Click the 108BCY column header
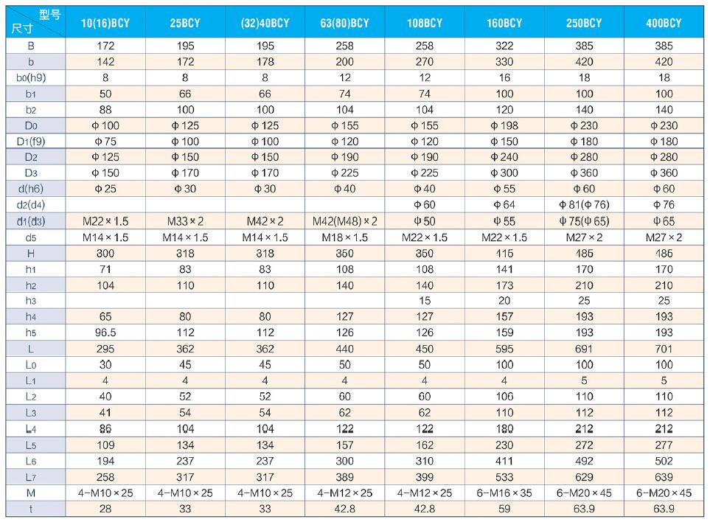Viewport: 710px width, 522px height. point(425,23)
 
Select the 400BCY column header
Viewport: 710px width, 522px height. point(664,23)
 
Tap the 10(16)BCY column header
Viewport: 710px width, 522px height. point(105,23)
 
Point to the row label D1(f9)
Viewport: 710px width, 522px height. point(31,141)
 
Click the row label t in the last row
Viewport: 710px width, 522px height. point(31,509)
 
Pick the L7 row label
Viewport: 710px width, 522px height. point(31,477)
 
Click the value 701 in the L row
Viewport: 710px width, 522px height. point(664,347)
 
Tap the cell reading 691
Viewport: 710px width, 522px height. point(584,347)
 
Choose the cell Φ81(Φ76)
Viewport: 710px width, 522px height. point(584,204)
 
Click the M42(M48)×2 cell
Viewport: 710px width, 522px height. point(345,220)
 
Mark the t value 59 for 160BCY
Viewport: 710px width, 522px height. point(504,509)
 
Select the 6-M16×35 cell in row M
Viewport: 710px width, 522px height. point(504,493)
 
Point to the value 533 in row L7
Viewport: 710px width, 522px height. point(504,477)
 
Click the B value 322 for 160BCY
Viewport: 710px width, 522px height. point(504,46)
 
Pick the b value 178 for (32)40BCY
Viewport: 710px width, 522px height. point(265,62)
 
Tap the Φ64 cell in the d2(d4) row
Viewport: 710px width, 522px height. point(504,204)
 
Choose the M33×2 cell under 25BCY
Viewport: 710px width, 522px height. point(185,220)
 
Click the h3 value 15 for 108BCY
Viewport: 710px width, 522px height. point(425,300)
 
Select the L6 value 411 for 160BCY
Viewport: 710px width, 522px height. point(504,461)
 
